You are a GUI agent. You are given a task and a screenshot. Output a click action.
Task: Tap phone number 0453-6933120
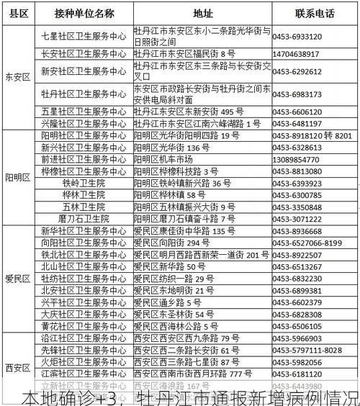click(x=297, y=36)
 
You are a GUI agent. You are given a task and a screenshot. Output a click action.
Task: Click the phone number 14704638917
click(x=296, y=54)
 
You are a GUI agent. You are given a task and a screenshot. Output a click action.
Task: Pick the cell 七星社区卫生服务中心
click(x=84, y=35)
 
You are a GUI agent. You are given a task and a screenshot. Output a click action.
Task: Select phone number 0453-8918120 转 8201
click(x=312, y=135)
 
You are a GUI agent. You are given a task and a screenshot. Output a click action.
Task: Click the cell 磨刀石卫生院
click(x=84, y=218)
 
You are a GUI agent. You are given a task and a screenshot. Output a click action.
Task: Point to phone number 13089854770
click(x=296, y=159)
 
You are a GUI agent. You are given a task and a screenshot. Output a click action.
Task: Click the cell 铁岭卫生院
click(x=84, y=183)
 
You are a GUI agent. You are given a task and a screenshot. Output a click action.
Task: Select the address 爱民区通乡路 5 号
click(x=171, y=302)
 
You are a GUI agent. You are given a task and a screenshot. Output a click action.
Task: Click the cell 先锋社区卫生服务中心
click(x=84, y=350)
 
